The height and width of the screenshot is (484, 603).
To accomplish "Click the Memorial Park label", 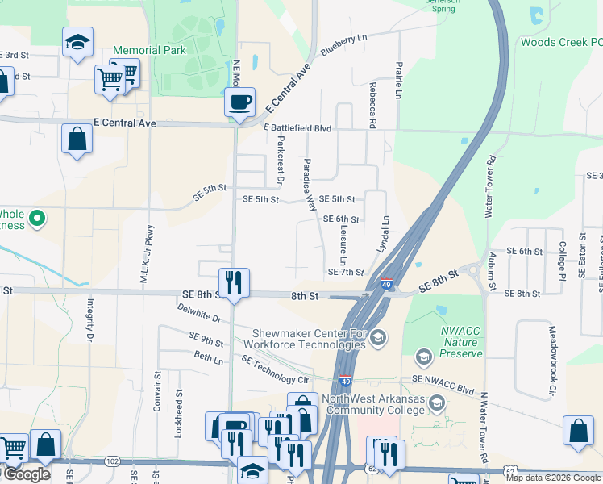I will [x=149, y=50].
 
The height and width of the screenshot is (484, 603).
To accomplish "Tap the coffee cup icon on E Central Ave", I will [x=239, y=102].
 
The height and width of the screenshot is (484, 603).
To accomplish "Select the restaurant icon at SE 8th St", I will [x=234, y=282].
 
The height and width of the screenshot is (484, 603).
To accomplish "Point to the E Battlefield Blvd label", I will [x=297, y=128].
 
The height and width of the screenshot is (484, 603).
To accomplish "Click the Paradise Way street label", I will [x=309, y=185].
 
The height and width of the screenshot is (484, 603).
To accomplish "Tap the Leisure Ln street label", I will [x=343, y=247].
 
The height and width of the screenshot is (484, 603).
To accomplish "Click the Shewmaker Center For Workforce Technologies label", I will [x=309, y=339].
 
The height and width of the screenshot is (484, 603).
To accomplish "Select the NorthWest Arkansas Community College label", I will [x=373, y=404].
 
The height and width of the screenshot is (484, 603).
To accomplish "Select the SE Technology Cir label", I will [x=276, y=369].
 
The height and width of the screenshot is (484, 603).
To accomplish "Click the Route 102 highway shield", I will [x=112, y=461].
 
